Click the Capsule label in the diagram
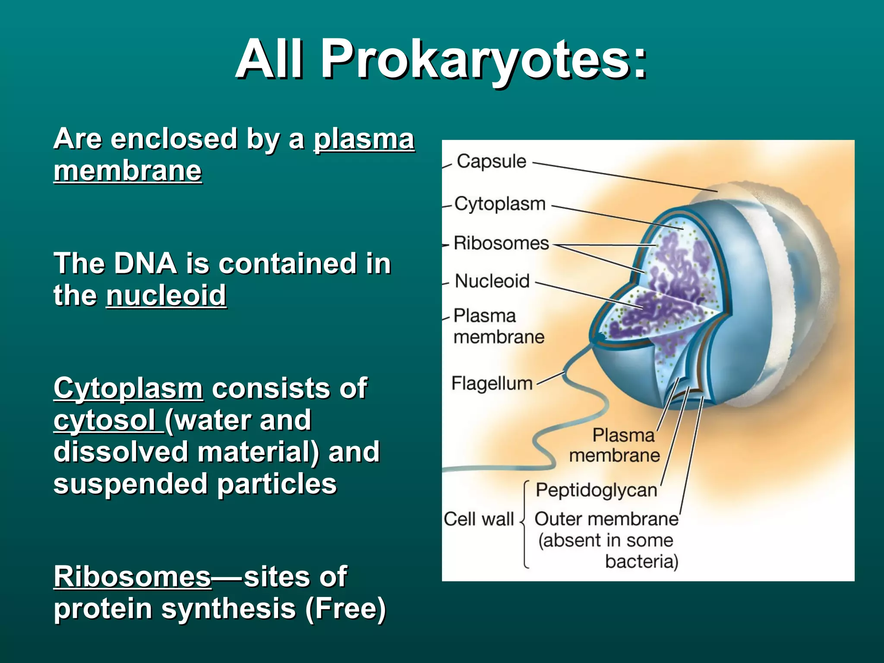(x=491, y=161)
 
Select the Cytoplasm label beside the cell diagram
(x=500, y=204)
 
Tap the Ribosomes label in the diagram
(x=501, y=243)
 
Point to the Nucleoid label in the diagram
(x=492, y=281)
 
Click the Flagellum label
(x=492, y=383)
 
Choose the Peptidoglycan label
(x=596, y=490)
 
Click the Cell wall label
(x=479, y=519)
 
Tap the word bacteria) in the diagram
(x=641, y=562)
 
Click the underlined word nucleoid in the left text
(x=166, y=295)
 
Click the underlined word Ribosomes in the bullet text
(x=132, y=577)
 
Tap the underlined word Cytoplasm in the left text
(x=128, y=388)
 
